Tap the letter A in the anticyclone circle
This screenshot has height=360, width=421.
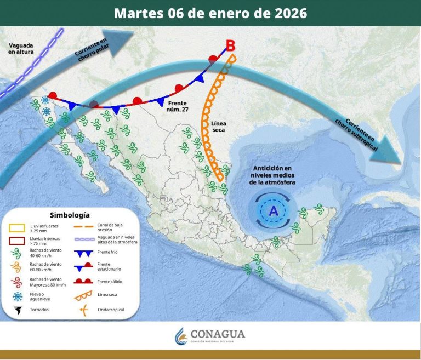pos(272,210)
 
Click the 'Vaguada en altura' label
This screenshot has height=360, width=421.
pos(21,48)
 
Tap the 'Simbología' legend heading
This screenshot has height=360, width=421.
pos(70,215)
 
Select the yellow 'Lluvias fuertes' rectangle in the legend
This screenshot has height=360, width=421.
pos(19,227)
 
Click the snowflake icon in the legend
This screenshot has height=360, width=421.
pos(18,296)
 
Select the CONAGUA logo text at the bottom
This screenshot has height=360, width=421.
pos(218,334)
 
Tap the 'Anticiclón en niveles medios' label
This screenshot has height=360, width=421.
pos(272,175)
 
